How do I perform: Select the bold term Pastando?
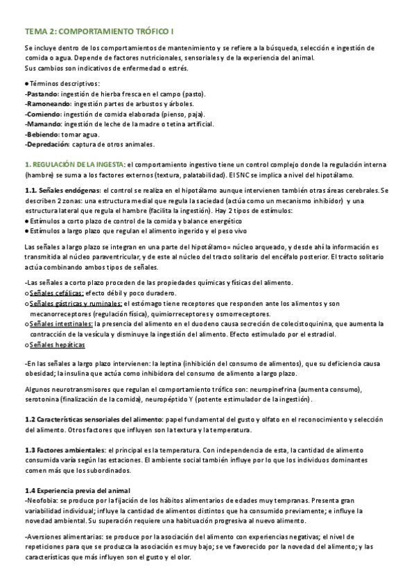(x=42, y=92)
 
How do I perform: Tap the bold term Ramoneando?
(x=47, y=103)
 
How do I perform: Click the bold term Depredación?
(x=47, y=144)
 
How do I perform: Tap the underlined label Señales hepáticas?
(x=58, y=345)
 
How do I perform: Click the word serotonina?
(x=48, y=400)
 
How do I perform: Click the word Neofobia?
(x=42, y=501)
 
